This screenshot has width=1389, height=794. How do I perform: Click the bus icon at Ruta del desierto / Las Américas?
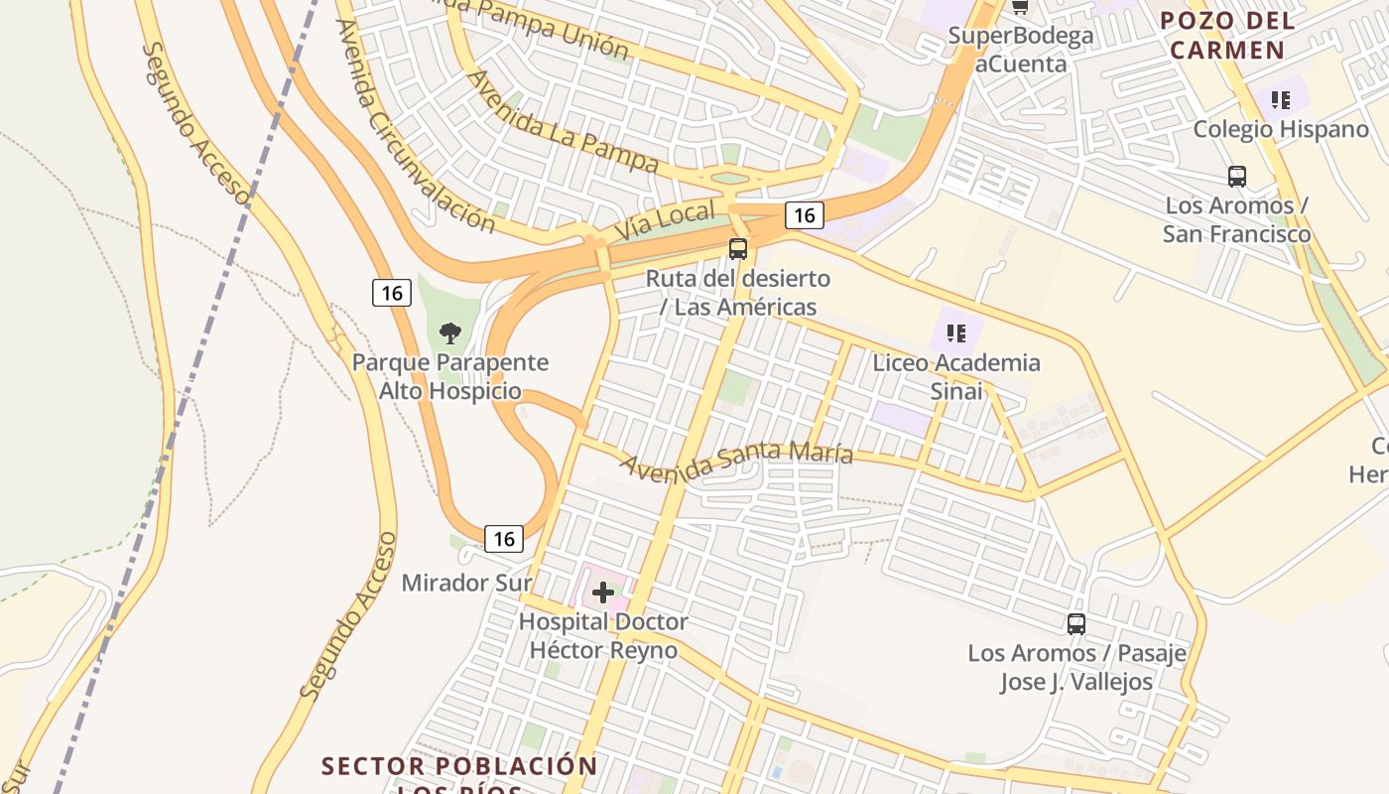738,249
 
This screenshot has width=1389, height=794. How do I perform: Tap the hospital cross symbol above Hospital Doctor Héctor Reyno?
603,593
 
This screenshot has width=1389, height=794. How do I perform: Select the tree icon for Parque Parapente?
450,332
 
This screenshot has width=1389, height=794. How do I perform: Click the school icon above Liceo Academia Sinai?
956,333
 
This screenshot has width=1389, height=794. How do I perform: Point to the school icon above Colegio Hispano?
1281,99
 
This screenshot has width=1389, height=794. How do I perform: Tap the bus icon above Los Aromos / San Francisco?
1237,177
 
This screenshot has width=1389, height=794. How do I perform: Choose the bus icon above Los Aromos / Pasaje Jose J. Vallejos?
1076,624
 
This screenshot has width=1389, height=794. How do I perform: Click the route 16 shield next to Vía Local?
804,214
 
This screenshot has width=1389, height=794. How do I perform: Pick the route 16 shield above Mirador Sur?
504,539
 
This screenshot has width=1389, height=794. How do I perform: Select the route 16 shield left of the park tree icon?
392,293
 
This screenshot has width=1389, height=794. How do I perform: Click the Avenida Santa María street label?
736,462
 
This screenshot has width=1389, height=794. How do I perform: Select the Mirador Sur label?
466,583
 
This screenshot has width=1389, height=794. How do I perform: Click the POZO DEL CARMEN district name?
1227,35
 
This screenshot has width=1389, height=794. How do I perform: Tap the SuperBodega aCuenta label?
1021,50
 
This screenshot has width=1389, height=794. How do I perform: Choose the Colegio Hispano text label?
1281,129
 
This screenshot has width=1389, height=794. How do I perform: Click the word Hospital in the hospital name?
563,622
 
